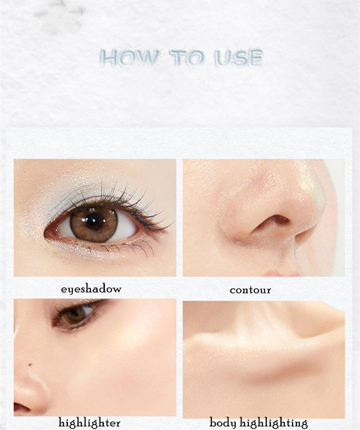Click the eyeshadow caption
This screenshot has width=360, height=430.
(x=91, y=289)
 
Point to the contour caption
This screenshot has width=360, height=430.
(x=250, y=289)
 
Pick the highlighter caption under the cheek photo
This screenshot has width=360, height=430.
(x=89, y=422)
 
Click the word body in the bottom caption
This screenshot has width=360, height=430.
(x=223, y=422)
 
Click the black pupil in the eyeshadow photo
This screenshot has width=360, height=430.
(x=92, y=219)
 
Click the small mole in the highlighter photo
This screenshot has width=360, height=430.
(x=30, y=364)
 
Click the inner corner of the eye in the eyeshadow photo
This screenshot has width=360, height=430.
(x=49, y=232)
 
